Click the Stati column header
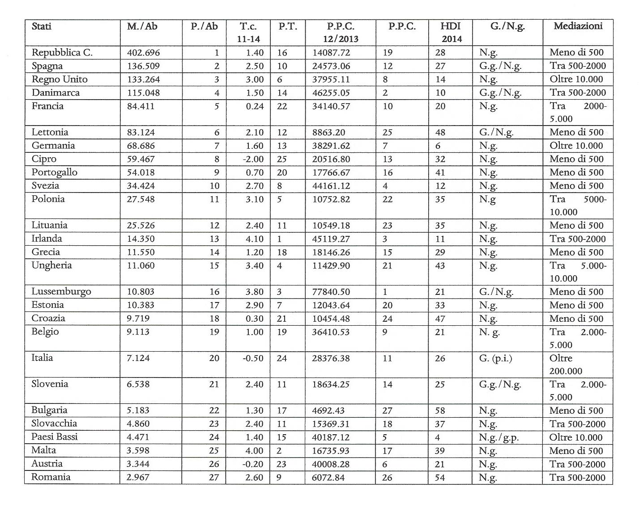click(42, 26)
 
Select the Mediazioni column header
click(578, 26)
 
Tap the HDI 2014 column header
click(450, 32)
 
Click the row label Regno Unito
click(60, 80)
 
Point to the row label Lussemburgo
click(61, 292)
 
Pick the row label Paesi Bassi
click(55, 437)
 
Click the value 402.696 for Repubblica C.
click(143, 53)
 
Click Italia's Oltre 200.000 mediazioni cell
click(566, 365)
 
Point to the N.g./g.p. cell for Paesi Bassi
click(498, 437)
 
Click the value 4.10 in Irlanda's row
click(254, 239)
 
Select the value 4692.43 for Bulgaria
click(328, 411)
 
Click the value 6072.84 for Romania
click(328, 478)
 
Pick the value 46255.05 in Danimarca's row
click(331, 93)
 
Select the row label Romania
click(51, 477)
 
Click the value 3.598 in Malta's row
click(138, 451)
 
